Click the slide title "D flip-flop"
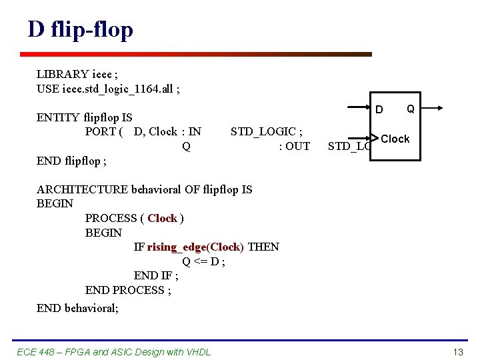click(x=81, y=29)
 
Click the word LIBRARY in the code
click(x=63, y=74)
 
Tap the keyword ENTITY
click(x=58, y=118)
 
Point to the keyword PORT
click(x=101, y=131)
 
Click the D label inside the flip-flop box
click(x=379, y=109)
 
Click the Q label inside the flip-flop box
click(x=411, y=108)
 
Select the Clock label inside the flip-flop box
click(x=395, y=139)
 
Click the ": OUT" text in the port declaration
click(x=294, y=146)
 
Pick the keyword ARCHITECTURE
click(x=82, y=189)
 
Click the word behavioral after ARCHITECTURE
click(x=155, y=189)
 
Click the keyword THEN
click(x=263, y=247)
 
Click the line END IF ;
click(x=155, y=276)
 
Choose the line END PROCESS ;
click(x=128, y=290)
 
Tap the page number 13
click(x=457, y=351)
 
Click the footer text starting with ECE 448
click(x=113, y=351)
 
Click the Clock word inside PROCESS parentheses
click(x=162, y=218)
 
